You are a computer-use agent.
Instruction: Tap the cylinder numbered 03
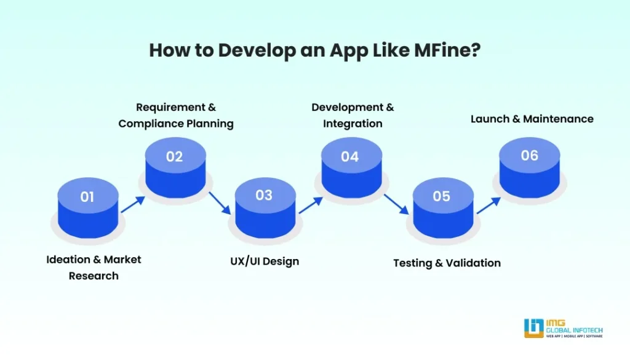pos(264,206)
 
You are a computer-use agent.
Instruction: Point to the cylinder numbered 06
pos(529,166)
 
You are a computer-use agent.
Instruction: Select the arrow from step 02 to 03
pos(220,202)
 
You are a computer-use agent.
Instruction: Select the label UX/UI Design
pos(261,261)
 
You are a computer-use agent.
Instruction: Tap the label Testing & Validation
pos(447,263)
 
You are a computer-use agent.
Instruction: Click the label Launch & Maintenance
pos(532,119)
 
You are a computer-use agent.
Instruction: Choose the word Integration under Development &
pos(353,124)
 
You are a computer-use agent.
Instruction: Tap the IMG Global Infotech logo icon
pos(533,327)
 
